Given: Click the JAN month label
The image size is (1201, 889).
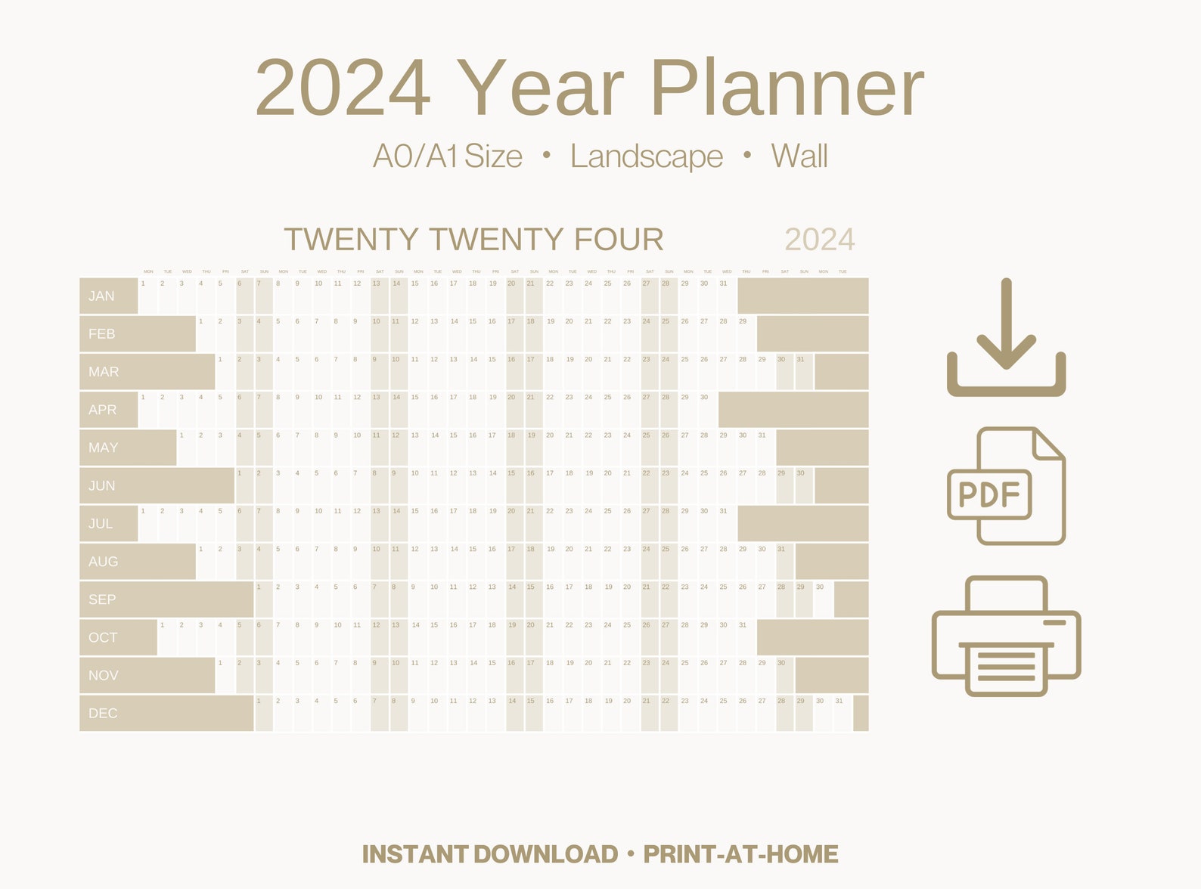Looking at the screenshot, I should (101, 296).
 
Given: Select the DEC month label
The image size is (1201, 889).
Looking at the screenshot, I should (103, 713).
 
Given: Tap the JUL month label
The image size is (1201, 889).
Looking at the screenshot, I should (101, 523).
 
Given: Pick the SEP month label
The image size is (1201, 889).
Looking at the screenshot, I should (102, 599).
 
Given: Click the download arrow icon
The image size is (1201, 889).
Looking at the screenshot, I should (1006, 336).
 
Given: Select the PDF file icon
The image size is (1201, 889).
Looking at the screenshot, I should (1006, 486).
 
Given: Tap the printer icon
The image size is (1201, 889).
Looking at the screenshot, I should (1006, 636).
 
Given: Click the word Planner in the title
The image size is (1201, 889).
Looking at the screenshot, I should (787, 88).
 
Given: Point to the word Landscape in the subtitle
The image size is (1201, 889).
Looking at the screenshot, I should (647, 156).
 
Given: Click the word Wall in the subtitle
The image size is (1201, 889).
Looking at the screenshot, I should (799, 156).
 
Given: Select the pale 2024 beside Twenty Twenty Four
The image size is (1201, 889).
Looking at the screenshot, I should (820, 240).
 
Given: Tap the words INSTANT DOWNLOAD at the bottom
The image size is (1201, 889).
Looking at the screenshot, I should (490, 854).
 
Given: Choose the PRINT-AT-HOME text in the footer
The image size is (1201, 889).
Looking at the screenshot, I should (740, 854).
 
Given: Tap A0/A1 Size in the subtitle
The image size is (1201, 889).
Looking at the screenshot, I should (448, 156).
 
